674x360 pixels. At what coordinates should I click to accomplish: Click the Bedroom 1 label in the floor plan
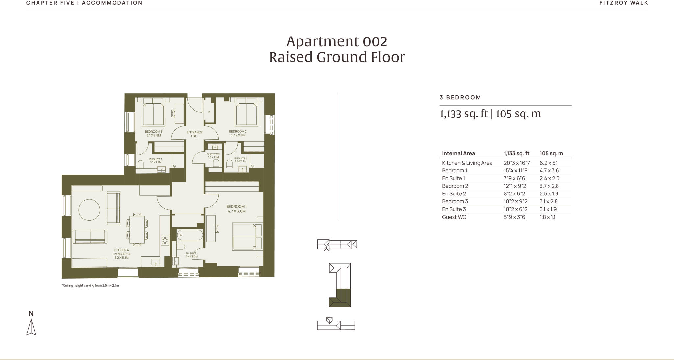point(236,209)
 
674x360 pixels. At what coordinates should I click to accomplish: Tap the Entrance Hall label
point(194,134)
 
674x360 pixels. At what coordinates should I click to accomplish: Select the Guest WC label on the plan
point(213,155)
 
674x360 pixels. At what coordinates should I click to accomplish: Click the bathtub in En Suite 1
point(190,235)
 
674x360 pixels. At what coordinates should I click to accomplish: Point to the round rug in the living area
point(89,210)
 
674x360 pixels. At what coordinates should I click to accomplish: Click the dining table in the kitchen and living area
point(137,229)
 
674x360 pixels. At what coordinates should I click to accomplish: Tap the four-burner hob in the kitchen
point(165,240)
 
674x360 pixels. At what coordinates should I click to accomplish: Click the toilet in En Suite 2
point(229,163)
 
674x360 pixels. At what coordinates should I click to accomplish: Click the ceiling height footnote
point(90,285)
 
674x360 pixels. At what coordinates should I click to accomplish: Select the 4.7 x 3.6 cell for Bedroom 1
point(549,170)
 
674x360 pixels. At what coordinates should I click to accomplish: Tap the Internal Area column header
point(458,153)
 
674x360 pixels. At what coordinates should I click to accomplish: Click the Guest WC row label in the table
point(454,217)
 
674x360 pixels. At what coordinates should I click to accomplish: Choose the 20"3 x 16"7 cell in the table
point(516,163)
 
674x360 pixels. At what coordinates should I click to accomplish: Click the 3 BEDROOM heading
point(460,97)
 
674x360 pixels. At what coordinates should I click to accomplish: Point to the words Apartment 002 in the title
point(336,41)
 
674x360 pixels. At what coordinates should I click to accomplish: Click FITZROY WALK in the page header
point(623,3)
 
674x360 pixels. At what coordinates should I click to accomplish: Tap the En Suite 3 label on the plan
point(155,161)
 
